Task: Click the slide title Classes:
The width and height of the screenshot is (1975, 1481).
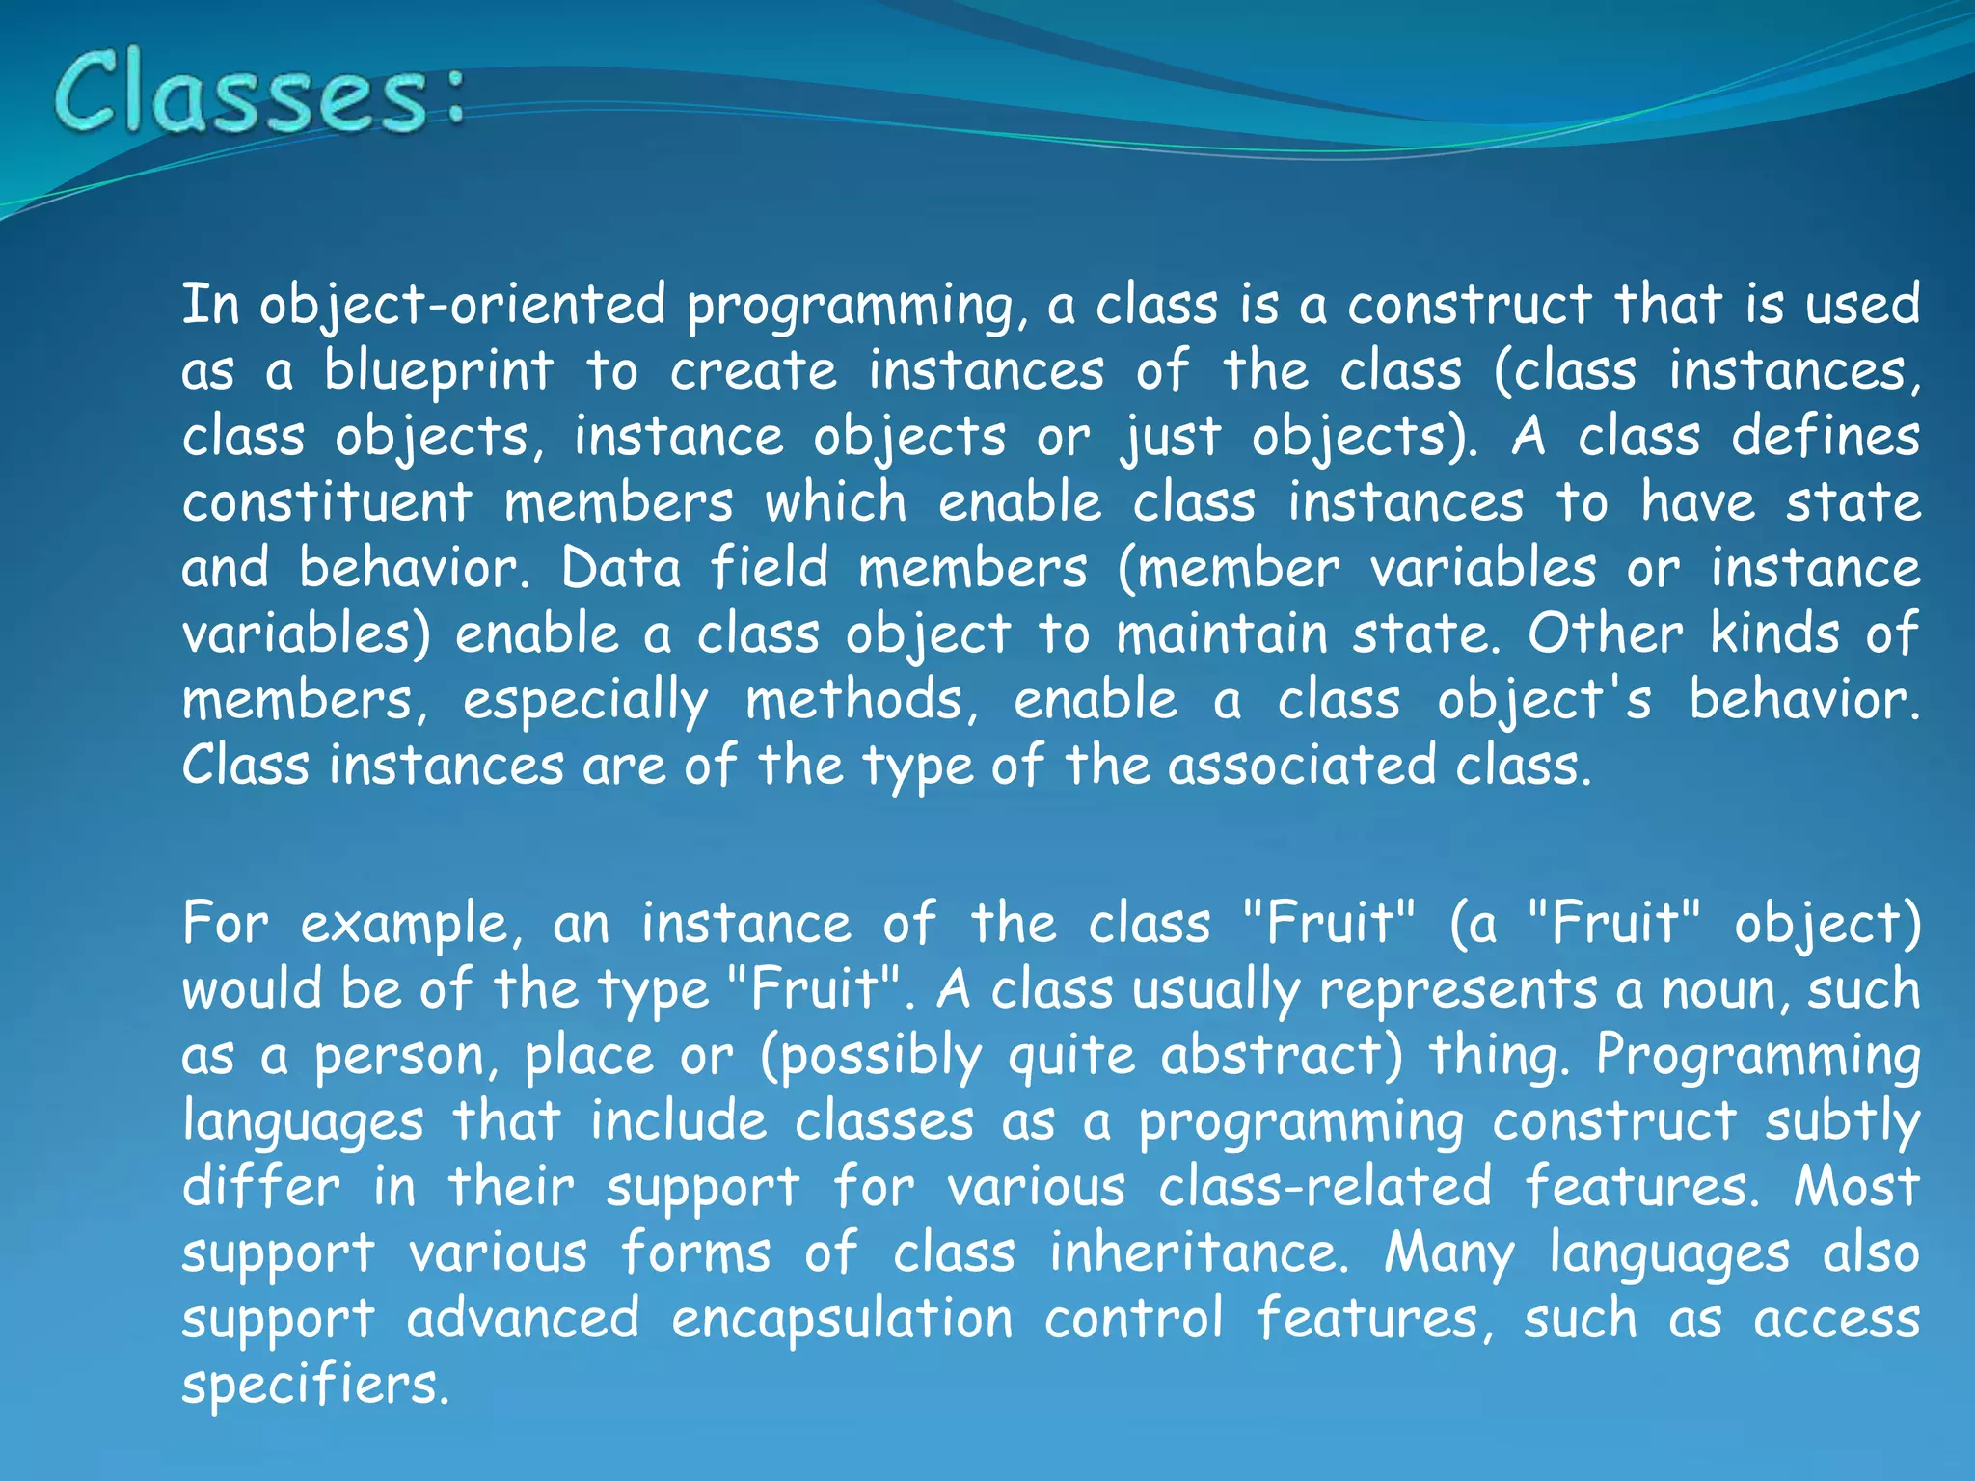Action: point(258,94)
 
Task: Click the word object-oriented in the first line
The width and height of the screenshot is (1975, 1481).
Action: point(463,306)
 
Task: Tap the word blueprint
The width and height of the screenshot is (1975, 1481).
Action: point(439,371)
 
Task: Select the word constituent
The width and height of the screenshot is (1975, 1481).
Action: point(328,502)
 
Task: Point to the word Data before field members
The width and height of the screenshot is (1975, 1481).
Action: point(621,568)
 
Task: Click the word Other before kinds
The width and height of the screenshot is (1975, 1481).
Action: point(1605,633)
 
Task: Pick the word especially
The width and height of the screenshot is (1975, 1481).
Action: point(585,701)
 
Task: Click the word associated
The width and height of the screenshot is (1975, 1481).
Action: point(1301,766)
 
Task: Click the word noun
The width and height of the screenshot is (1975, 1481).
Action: point(1722,990)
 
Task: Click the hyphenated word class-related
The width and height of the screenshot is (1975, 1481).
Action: point(1325,1186)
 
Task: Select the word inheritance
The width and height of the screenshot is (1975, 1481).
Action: point(1199,1252)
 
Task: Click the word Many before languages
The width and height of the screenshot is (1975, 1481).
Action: point(1449,1253)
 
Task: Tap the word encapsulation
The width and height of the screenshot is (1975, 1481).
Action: point(842,1319)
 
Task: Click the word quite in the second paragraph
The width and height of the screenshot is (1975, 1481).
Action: point(1071,1057)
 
